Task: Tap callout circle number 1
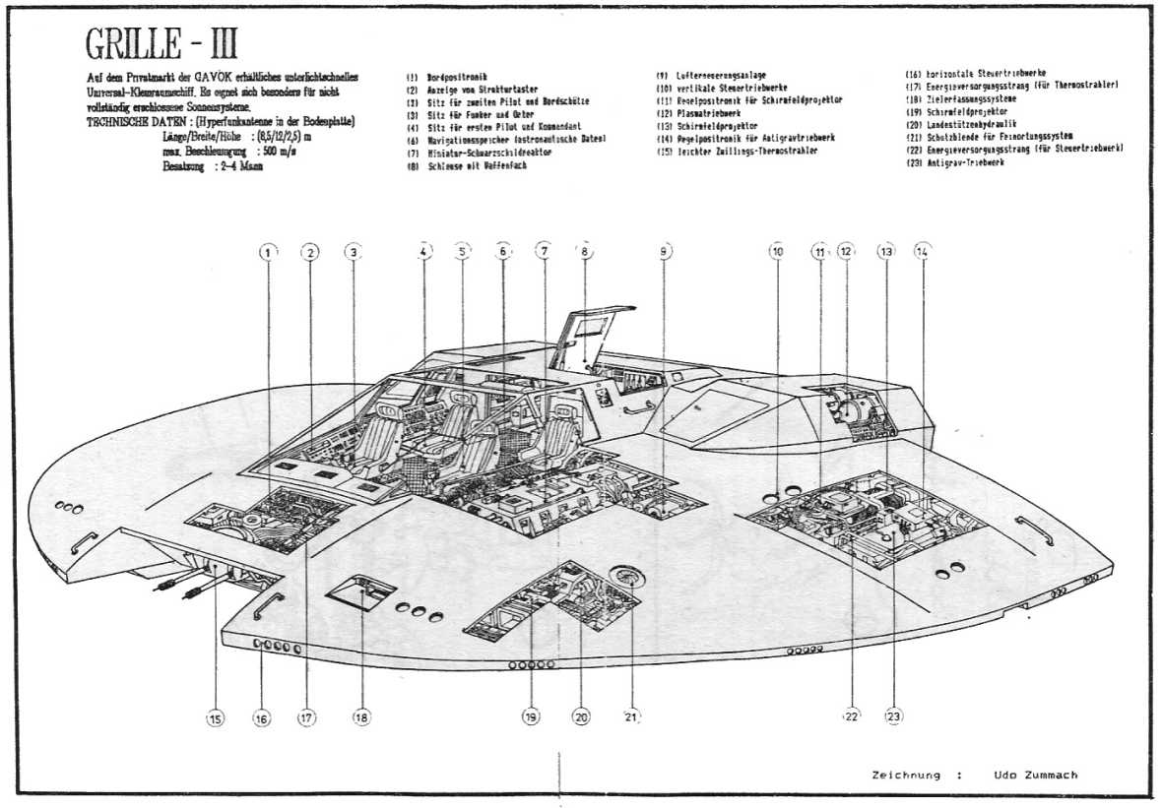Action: click(x=267, y=252)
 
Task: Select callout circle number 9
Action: click(x=666, y=252)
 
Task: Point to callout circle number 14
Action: click(x=922, y=251)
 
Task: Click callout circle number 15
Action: click(x=215, y=718)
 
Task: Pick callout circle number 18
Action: click(x=361, y=717)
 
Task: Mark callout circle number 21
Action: click(x=631, y=716)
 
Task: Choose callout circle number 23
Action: click(x=893, y=715)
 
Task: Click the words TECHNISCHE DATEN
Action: click(x=143, y=121)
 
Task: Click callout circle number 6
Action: click(x=502, y=252)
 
